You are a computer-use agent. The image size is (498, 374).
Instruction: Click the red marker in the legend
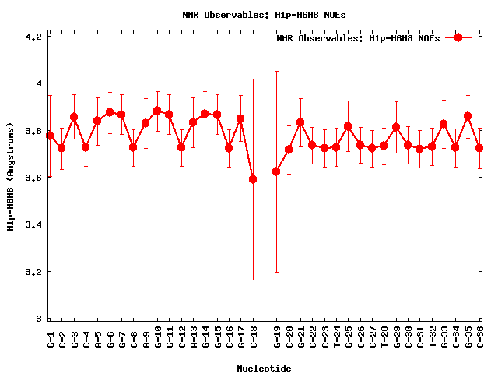click(x=459, y=37)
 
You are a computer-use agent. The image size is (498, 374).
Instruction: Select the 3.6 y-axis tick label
click(x=35, y=178)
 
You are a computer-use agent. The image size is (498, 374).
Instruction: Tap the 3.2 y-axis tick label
click(x=35, y=272)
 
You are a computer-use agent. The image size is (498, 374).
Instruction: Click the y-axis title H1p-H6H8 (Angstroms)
click(x=12, y=178)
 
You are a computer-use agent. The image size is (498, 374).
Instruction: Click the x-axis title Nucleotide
click(x=265, y=369)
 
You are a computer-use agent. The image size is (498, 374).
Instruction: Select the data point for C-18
click(x=253, y=179)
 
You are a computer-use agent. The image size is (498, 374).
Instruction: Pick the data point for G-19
click(x=276, y=171)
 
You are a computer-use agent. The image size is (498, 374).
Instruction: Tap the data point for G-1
click(x=50, y=136)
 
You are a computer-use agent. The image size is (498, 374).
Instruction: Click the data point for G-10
click(x=157, y=111)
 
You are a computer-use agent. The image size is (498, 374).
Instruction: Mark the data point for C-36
click(x=479, y=148)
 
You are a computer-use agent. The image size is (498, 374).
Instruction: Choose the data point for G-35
click(x=468, y=116)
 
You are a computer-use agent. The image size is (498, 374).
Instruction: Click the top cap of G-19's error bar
click(x=276, y=71)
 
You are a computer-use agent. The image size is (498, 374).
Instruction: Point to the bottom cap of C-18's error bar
click(x=253, y=280)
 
